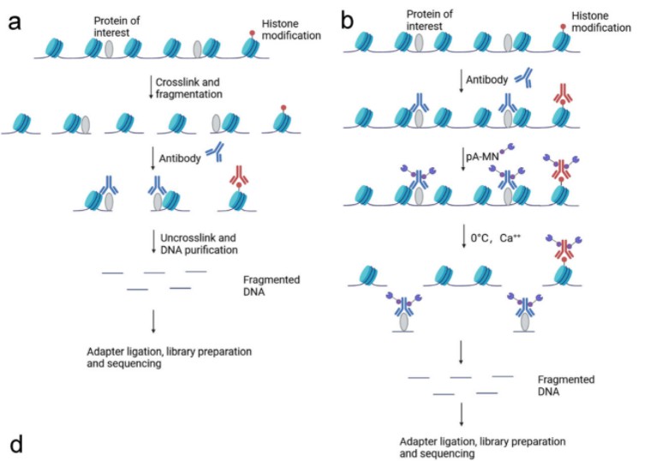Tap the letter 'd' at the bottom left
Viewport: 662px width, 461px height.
[x=15, y=445]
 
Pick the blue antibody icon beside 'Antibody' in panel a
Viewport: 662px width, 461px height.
[x=215, y=153]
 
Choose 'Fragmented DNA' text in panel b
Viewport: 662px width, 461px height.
[x=565, y=385]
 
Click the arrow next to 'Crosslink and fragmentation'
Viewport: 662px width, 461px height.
[x=152, y=87]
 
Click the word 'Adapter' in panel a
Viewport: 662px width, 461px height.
[x=106, y=351]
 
